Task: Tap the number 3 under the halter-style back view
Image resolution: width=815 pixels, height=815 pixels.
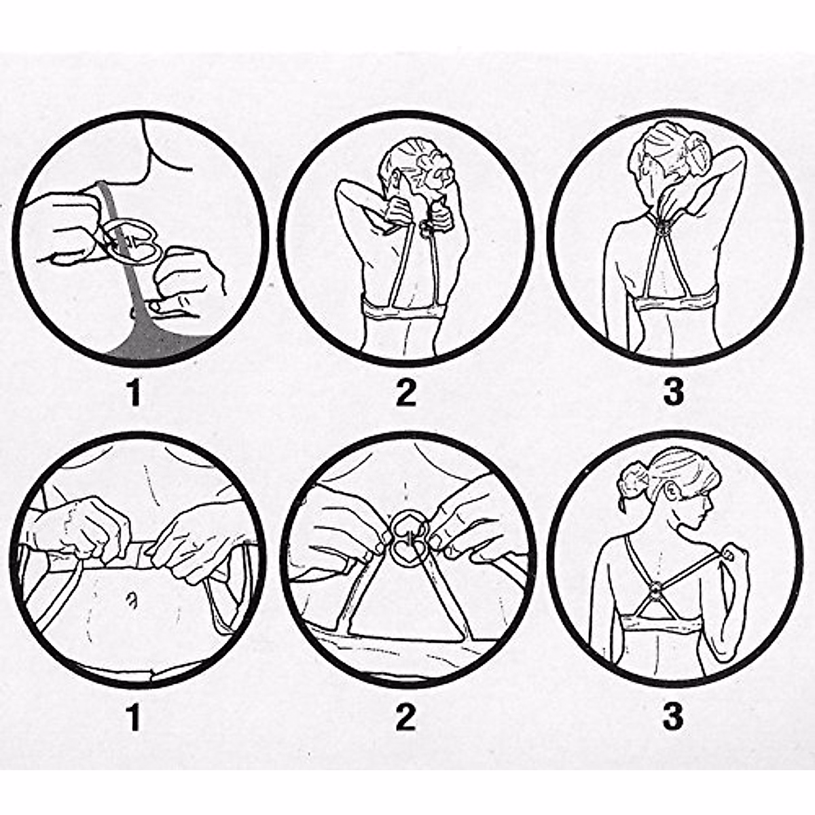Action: click(x=673, y=393)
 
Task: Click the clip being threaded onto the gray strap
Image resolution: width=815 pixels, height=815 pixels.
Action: click(x=131, y=240)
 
